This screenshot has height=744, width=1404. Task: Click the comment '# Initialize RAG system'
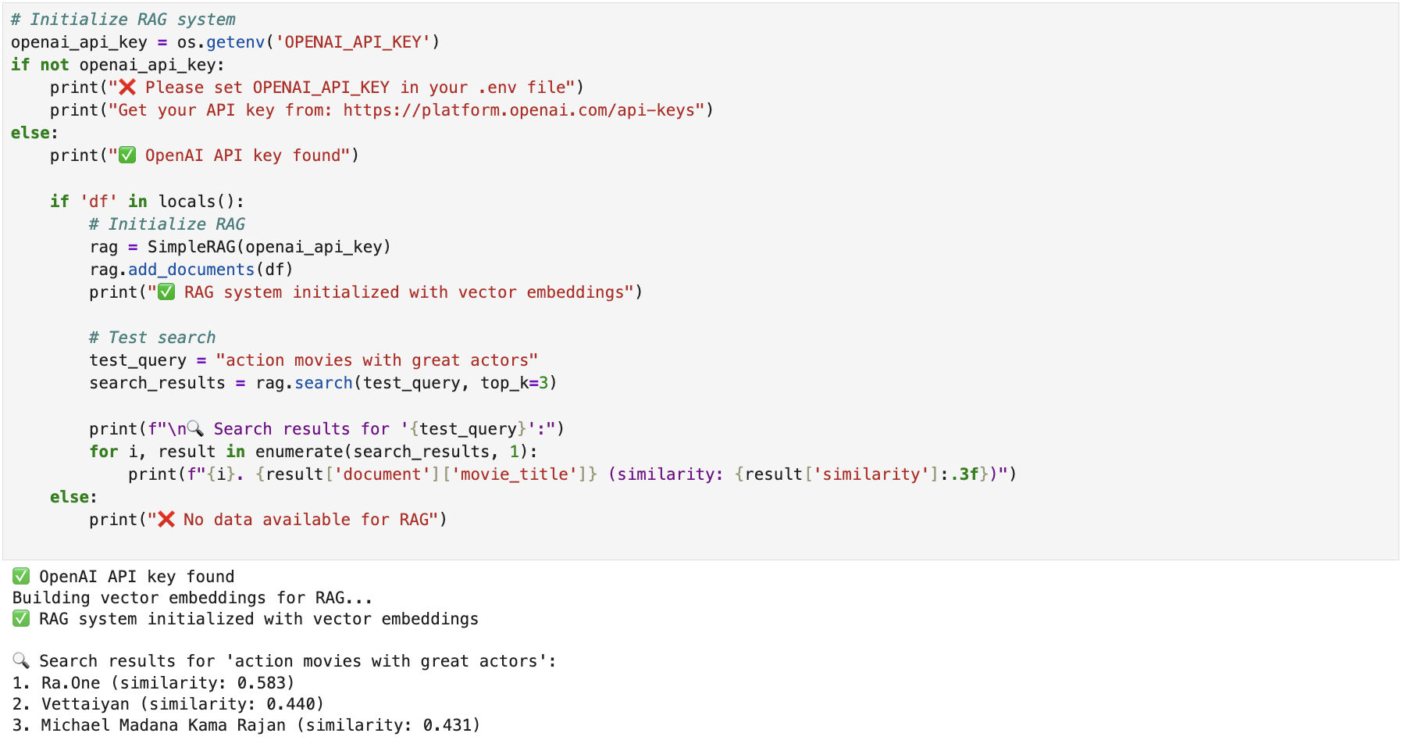(x=123, y=20)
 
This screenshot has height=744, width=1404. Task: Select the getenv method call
(x=235, y=42)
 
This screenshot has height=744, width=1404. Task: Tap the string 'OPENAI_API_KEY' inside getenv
(x=353, y=42)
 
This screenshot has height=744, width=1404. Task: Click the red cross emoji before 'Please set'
(x=127, y=88)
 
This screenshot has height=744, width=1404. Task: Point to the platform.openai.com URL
(x=518, y=110)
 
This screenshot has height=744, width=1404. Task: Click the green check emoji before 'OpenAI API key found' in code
(x=127, y=156)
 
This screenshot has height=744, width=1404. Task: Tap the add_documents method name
(x=191, y=270)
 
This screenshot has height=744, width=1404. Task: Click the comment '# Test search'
(x=152, y=338)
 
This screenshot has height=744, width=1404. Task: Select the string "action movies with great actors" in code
(x=377, y=360)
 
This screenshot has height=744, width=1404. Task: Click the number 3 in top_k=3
(x=544, y=383)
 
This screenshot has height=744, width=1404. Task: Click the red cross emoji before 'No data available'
(x=166, y=520)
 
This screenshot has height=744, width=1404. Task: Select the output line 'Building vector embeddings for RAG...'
(x=192, y=598)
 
